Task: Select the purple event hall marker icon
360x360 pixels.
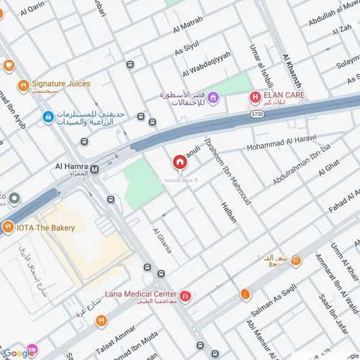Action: click(213, 97)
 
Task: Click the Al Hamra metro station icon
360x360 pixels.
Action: click(94, 168)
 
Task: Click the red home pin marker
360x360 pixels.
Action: click(179, 163)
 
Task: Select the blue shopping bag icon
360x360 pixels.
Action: click(48, 116)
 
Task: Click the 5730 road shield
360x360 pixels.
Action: click(257, 114)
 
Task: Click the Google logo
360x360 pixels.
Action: click(19, 352)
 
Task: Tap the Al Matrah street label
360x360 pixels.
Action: click(189, 30)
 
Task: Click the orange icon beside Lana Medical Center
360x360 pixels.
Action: click(186, 295)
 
